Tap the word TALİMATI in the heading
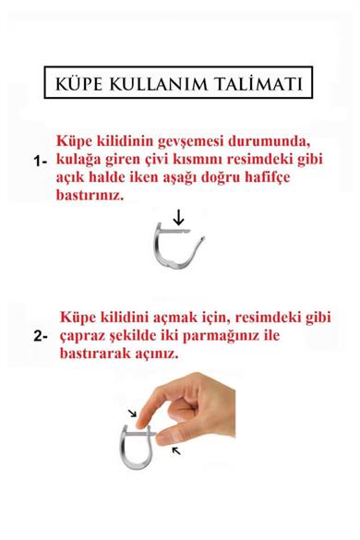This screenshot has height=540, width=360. coord(264,86)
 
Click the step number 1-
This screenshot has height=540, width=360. coord(40,160)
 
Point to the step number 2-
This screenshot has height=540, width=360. coord(40,337)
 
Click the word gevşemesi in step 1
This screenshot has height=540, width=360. coord(204,139)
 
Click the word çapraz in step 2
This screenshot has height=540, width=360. coord(87,337)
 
